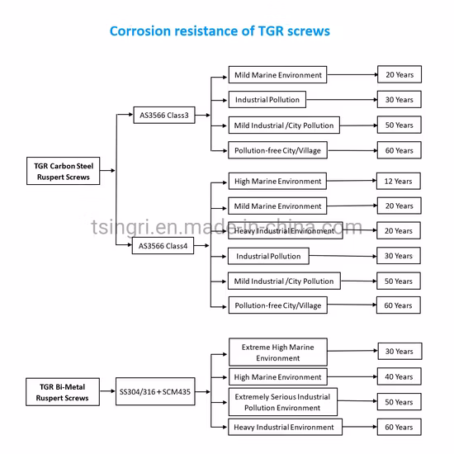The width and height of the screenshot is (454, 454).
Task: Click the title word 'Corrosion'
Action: click(x=140, y=31)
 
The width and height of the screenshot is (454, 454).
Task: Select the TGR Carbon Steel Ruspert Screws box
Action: click(x=63, y=171)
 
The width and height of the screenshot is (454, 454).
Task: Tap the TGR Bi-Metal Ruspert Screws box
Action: click(x=63, y=392)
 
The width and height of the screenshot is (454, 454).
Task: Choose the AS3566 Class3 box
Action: click(x=164, y=115)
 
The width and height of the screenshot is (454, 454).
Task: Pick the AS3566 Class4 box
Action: click(x=163, y=245)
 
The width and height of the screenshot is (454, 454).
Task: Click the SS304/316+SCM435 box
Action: click(x=155, y=391)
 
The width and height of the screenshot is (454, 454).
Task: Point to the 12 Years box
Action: click(x=399, y=182)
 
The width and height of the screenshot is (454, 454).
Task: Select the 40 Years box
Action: click(x=399, y=376)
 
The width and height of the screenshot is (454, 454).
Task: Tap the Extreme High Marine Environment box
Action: click(x=278, y=352)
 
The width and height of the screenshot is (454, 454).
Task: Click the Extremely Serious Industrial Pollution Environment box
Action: click(x=283, y=402)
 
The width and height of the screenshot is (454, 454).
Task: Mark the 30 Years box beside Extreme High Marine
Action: click(x=400, y=351)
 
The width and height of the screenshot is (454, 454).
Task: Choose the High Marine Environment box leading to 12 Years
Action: click(x=277, y=182)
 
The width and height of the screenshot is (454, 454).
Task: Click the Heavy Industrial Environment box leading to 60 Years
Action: click(x=286, y=427)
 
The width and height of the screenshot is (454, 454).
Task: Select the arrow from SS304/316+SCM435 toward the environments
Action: click(x=203, y=392)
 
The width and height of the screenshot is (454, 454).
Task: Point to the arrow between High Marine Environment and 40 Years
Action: click(x=352, y=376)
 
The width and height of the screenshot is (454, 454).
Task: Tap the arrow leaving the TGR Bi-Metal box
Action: click(x=107, y=391)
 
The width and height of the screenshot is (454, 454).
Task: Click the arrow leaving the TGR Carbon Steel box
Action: click(x=107, y=171)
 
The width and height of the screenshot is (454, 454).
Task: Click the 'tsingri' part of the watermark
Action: click(x=120, y=227)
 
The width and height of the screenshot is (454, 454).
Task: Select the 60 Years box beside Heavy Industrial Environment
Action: click(x=399, y=427)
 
